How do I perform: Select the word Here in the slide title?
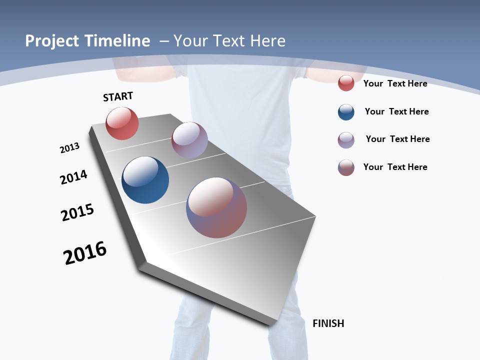click(x=268, y=41)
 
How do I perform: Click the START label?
click(x=118, y=96)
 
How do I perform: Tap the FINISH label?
click(x=328, y=323)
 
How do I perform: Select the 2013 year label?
click(x=69, y=148)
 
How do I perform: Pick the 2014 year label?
click(x=73, y=177)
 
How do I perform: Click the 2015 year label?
click(x=77, y=212)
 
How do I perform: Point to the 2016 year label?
click(x=85, y=253)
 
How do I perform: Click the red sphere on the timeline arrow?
click(x=122, y=123)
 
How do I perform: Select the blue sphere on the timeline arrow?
click(x=145, y=180)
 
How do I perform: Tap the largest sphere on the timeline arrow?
click(x=216, y=207)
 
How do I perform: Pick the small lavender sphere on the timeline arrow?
click(x=189, y=140)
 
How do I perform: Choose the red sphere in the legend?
click(x=346, y=83)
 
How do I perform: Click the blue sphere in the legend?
click(x=346, y=112)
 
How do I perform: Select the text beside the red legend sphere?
click(x=395, y=83)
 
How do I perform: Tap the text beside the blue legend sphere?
click(x=396, y=111)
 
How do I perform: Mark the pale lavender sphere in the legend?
click(x=346, y=140)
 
